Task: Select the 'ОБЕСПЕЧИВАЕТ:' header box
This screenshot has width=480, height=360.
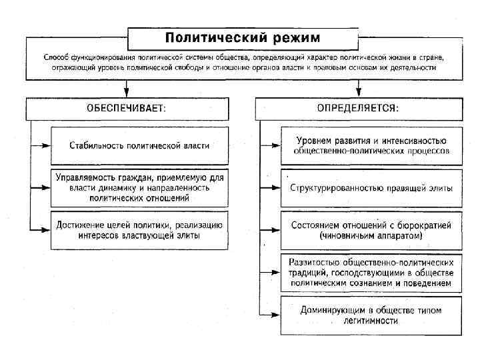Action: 126,107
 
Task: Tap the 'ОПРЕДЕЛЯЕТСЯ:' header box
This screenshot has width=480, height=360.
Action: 359,107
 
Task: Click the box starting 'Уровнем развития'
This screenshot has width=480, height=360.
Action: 371,145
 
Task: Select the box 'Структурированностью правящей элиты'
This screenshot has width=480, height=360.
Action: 371,188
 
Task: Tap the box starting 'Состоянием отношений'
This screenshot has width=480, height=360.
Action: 371,230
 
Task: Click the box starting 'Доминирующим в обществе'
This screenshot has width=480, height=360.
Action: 371,315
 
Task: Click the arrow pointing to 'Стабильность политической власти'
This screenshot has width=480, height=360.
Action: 45,145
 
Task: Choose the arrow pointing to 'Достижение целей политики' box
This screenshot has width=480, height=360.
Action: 45,230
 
